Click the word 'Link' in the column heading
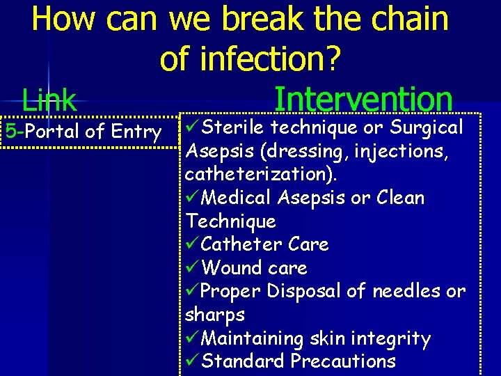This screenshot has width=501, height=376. pyautogui.click(x=49, y=101)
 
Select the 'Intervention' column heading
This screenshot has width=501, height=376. pyautogui.click(x=363, y=100)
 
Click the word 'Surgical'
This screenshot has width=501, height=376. pyautogui.click(x=427, y=127)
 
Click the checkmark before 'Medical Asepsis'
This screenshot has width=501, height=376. pyautogui.click(x=193, y=198)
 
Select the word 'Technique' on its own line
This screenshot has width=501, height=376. pyautogui.click(x=230, y=221)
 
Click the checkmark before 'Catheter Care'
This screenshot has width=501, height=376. pyautogui.click(x=193, y=245)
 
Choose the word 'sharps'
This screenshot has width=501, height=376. pyautogui.click(x=215, y=315)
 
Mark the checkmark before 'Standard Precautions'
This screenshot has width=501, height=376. pyautogui.click(x=193, y=362)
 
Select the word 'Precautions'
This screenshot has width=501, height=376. pyautogui.click(x=343, y=361)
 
